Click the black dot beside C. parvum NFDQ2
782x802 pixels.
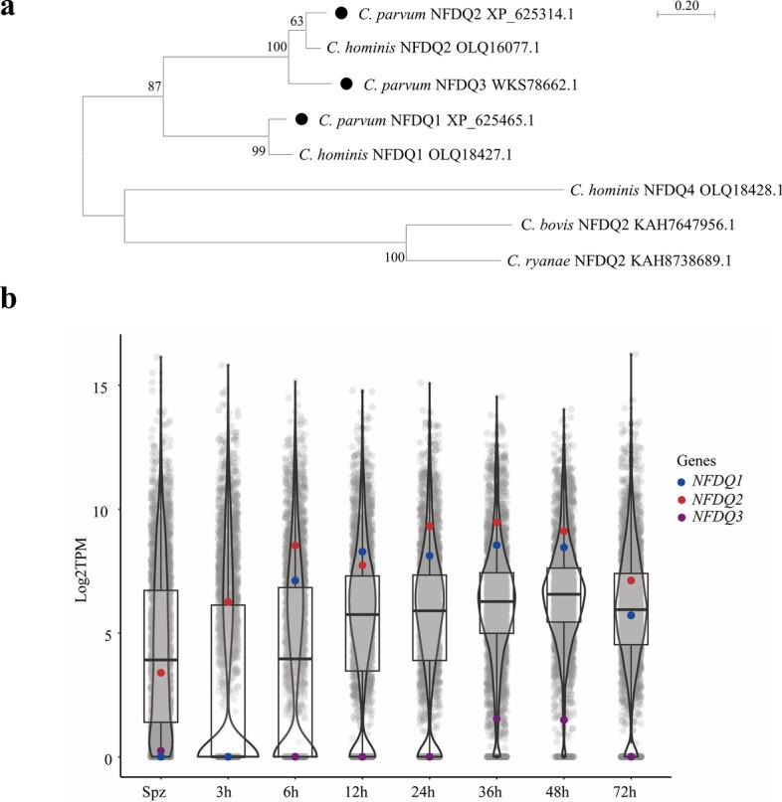[340, 14]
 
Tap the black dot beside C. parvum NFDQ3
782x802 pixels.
[347, 84]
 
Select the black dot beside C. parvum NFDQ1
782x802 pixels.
[301, 119]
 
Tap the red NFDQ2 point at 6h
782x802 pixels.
[295, 546]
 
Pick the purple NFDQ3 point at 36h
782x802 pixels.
[496, 720]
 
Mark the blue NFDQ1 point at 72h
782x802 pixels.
[631, 615]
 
